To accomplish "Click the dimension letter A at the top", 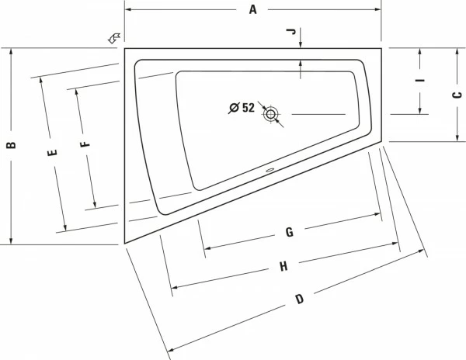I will coord(252,9).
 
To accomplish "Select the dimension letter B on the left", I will coord(11,145).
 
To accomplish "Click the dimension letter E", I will coord(52,154).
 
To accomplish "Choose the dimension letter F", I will coord(85,142).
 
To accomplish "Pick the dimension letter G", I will coord(288,232).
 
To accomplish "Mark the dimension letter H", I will coord(284,266).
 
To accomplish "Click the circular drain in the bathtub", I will coord(271,115).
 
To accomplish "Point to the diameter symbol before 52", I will coord(233,108).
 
